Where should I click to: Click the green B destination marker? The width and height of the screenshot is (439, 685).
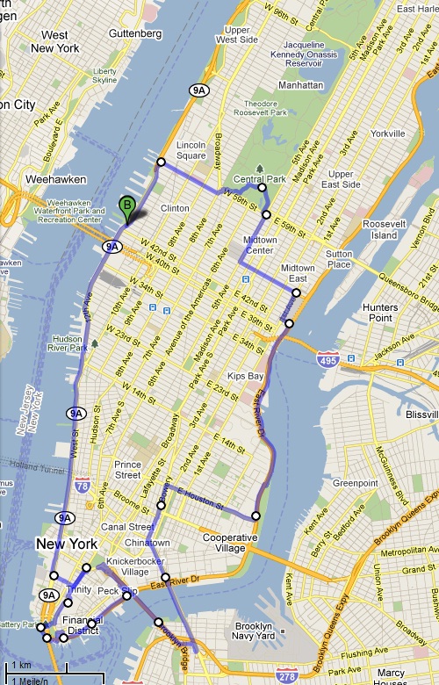tap(126, 209)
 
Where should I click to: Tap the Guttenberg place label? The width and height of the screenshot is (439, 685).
tap(138, 33)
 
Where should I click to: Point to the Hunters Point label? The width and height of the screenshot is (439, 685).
tap(380, 313)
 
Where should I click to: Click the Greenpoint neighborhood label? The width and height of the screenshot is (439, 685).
tap(355, 482)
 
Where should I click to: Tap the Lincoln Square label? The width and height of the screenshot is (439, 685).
tap(191, 150)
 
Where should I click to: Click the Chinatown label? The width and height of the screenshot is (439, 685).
tap(127, 542)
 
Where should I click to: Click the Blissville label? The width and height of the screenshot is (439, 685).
tap(422, 414)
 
